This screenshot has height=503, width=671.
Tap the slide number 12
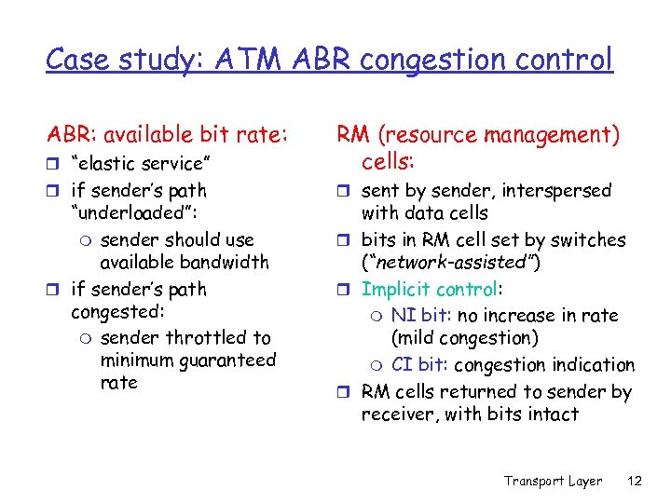coord(636,481)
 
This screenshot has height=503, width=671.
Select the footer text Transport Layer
coord(553,481)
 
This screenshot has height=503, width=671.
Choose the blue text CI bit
coord(418,365)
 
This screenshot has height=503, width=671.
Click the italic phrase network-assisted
coord(449,264)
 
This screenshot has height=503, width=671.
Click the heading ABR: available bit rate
coord(166,135)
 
